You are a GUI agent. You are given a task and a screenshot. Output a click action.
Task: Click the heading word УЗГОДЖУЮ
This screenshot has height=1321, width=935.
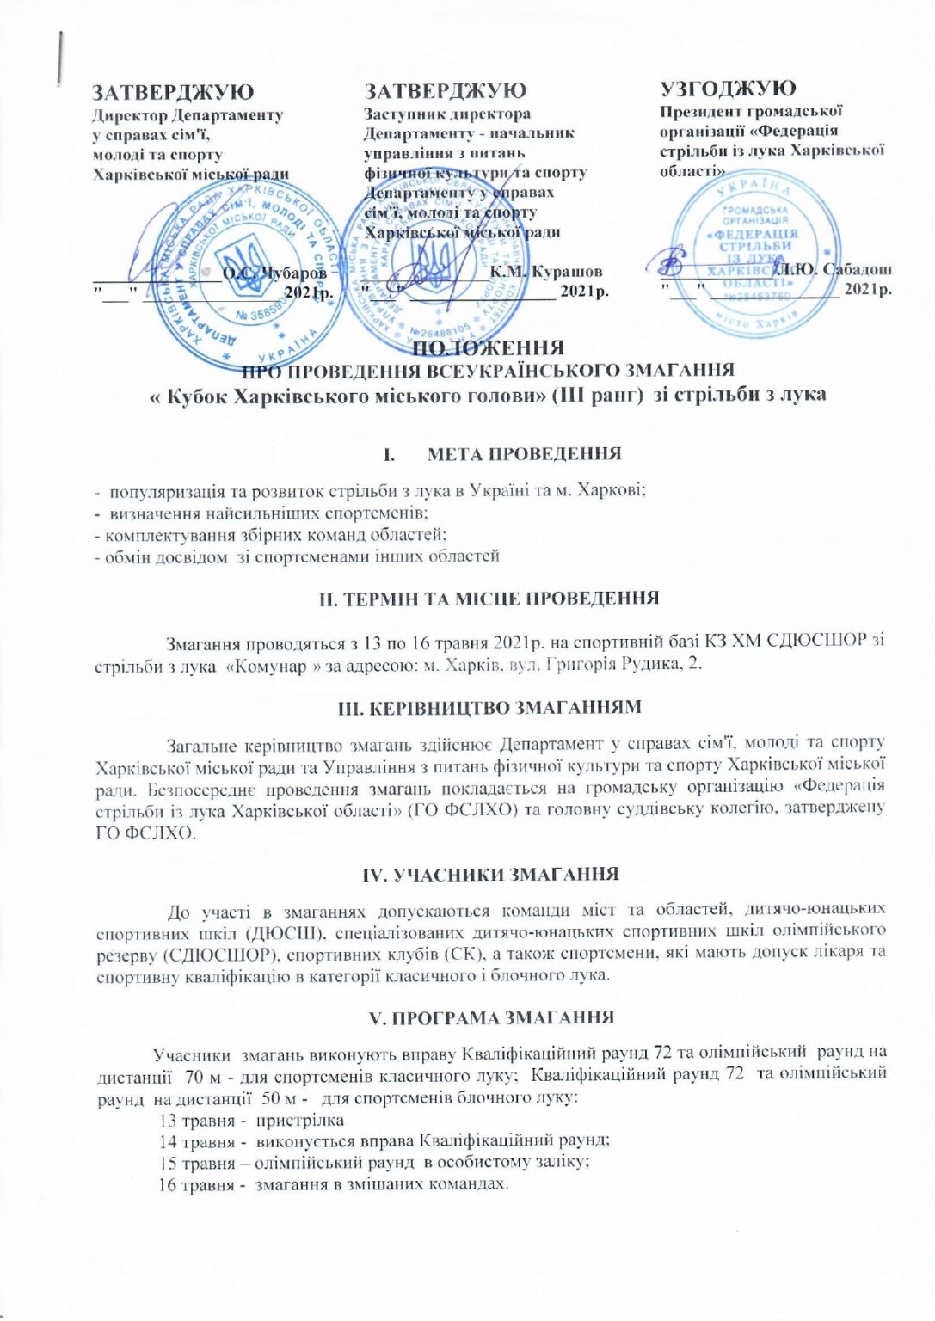point(728,89)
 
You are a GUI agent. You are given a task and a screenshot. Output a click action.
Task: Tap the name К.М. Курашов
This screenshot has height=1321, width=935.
point(547,272)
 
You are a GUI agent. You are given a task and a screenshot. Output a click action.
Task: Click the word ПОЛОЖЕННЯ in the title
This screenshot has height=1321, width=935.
point(489,348)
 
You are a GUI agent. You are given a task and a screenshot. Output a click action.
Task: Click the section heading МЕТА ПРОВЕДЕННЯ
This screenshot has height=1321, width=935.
point(523,453)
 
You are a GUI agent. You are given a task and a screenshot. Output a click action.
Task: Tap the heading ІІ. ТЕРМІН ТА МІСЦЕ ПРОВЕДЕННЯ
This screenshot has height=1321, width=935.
point(489,599)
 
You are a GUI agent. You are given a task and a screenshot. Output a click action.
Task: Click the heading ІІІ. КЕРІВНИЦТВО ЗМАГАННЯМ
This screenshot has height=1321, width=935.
point(489,708)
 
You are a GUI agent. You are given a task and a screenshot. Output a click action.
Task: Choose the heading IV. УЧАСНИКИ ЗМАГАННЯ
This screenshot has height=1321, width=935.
point(489,874)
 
